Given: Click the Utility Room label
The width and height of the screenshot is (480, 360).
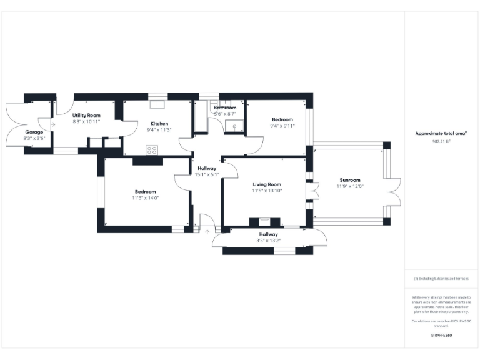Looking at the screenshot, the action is [x=86, y=115].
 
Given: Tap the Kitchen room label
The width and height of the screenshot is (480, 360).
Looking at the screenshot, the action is [x=159, y=123].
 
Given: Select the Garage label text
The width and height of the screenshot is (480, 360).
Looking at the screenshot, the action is [x=34, y=132].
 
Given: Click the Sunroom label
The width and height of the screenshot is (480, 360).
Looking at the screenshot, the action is [x=350, y=179].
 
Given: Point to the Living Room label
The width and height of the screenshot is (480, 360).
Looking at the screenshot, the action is [x=267, y=184].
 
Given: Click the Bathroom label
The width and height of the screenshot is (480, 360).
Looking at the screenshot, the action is [x=225, y=107].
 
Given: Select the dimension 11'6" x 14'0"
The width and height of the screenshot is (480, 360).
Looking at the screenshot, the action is [x=146, y=198].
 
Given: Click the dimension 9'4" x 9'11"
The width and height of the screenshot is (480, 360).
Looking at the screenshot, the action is [x=282, y=126].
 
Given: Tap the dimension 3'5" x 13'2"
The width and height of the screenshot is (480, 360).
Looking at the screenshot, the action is [x=269, y=241].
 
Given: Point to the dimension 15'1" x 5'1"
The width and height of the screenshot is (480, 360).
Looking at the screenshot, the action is [x=207, y=175].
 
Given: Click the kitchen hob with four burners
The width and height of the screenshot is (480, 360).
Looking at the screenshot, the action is [x=152, y=149].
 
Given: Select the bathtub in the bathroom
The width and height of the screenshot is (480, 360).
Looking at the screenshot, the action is [x=201, y=116].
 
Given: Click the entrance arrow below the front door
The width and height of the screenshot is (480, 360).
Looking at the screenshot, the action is [x=207, y=232].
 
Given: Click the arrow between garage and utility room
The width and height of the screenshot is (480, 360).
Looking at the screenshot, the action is [x=52, y=124].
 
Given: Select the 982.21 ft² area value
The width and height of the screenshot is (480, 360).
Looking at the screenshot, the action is [x=442, y=141].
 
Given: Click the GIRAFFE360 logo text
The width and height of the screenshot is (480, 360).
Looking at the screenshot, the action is [x=441, y=336].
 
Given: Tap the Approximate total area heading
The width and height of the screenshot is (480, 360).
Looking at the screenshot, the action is [x=441, y=133].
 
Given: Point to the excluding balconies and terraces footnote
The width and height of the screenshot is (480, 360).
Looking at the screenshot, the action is [x=441, y=279].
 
